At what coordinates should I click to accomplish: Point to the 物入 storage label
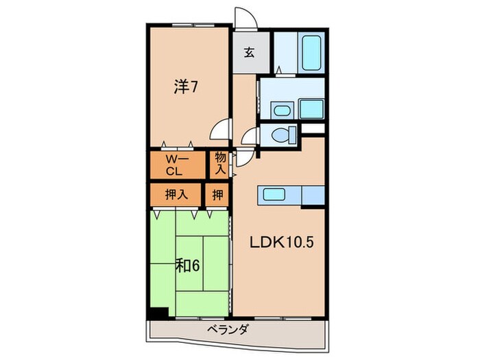click(220, 164)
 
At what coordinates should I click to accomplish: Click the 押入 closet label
click(176, 195)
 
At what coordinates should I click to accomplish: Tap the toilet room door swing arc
click(249, 137)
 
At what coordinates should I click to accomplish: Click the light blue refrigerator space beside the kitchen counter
click(312, 195)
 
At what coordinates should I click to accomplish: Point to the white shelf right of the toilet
click(311, 129)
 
